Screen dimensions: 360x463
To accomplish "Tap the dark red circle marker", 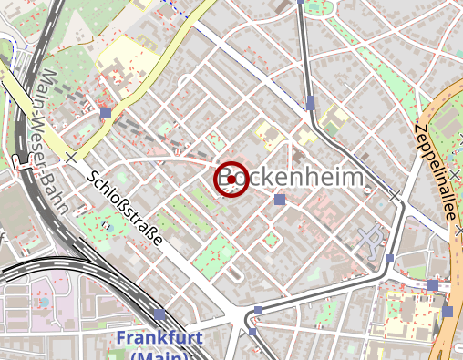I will pos(232,179).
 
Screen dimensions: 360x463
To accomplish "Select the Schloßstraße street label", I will pos(127,207).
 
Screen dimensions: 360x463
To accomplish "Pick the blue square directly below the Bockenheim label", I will pos(279,200).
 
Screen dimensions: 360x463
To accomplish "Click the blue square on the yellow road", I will pos(106,113).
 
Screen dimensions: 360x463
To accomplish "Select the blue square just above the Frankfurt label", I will pos(159,314).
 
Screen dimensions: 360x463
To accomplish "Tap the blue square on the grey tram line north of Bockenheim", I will pos(311,101).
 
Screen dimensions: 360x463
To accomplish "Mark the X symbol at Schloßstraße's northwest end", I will pos(71,158).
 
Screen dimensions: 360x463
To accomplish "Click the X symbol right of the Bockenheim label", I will pos(394,196).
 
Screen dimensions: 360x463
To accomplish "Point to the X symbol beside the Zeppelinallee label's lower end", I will pos(457,232).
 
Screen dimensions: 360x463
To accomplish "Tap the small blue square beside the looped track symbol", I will pos(390,258).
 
